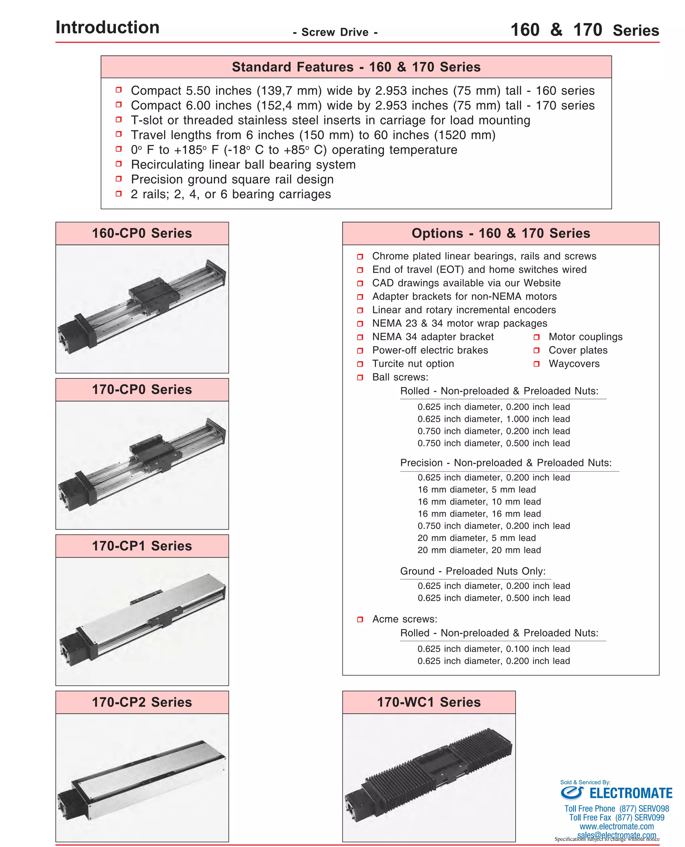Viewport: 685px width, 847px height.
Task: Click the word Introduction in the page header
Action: [107, 27]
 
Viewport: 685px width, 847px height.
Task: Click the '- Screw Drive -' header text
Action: [335, 32]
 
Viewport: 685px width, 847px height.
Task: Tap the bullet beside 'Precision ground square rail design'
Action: [118, 179]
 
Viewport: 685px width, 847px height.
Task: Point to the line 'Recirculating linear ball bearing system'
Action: [243, 164]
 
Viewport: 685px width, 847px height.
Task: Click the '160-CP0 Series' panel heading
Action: [142, 233]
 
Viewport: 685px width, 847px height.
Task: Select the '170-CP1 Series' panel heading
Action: [142, 546]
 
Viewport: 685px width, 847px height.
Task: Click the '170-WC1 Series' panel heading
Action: [429, 702]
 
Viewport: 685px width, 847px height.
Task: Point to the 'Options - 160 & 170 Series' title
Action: [501, 233]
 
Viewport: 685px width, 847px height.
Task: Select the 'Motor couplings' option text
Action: [585, 337]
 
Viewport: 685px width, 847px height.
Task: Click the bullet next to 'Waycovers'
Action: [536, 364]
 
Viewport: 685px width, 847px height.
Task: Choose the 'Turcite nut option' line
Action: [413, 364]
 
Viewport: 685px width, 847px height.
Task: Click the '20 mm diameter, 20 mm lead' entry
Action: [479, 550]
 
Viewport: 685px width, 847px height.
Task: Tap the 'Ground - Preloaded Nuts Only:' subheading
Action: [473, 571]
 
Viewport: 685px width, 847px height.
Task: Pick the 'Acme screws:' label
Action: [404, 619]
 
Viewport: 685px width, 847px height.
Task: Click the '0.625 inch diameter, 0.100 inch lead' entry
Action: [494, 649]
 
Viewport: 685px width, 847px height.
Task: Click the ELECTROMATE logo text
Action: [630, 793]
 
